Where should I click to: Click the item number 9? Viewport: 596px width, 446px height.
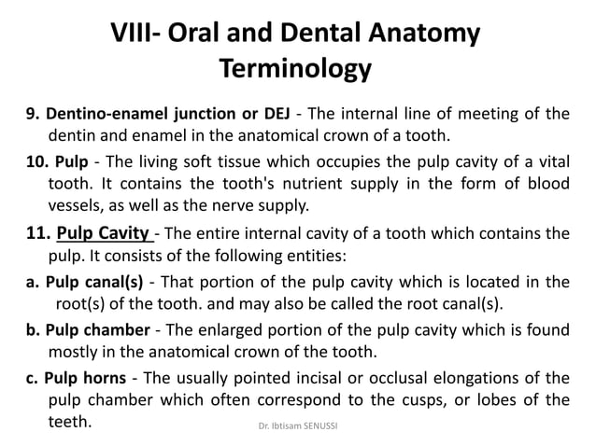pyautogui.click(x=31, y=115)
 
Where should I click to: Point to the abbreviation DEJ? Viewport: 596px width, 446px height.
pyautogui.click(x=275, y=115)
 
